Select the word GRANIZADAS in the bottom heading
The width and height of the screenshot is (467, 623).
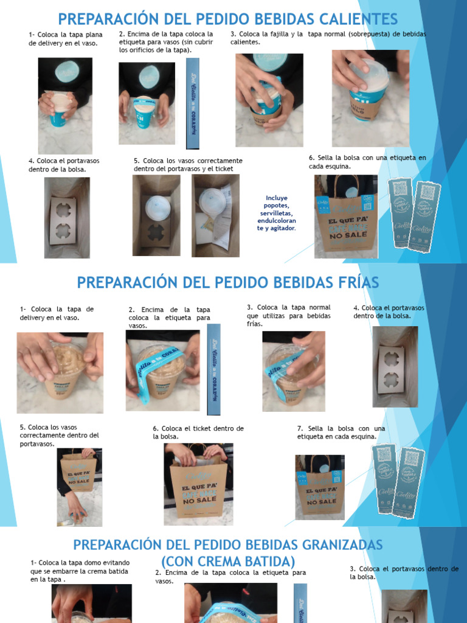tap(330, 543)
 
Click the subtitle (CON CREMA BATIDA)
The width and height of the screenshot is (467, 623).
tap(228, 561)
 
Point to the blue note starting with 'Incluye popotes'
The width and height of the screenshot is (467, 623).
tap(277, 213)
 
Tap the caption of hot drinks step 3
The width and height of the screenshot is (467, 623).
tap(328, 38)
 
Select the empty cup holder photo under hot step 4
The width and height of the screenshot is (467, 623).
tap(67, 217)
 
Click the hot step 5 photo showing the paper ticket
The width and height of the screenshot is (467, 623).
tap(216, 215)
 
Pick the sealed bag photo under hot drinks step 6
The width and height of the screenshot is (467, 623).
tap(345, 216)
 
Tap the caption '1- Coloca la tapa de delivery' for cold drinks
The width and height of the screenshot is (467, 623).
tap(57, 313)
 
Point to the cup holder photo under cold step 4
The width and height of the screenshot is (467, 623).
tap(395, 366)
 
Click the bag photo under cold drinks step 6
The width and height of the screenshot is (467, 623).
tap(198, 484)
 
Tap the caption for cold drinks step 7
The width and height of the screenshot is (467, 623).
tap(341, 433)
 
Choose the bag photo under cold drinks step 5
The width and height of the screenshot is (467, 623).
tap(80, 487)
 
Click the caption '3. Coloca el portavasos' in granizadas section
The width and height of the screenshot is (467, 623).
tap(404, 573)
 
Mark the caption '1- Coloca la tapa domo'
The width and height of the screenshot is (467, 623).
tap(80, 571)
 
